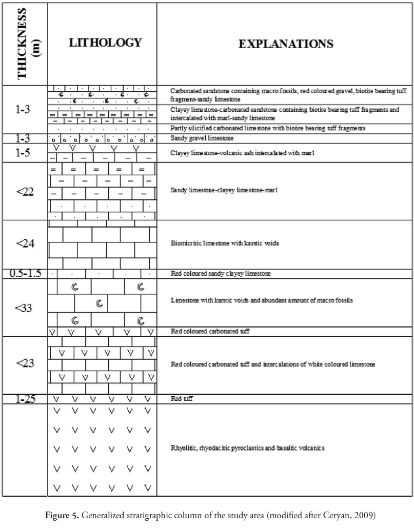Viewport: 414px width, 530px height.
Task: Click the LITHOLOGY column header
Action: pos(105,43)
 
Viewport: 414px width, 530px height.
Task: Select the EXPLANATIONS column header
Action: pos(286,44)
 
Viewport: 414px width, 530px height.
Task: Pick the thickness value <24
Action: pos(25,243)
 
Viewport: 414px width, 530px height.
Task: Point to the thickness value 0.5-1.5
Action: pos(25,273)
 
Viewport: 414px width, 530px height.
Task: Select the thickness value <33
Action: pos(25,308)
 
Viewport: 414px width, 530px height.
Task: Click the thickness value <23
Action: pos(25,363)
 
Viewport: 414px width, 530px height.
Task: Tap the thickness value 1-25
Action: pos(25,399)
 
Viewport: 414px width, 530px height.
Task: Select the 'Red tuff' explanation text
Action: pos(182,399)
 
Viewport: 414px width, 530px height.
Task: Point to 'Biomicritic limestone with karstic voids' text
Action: pos(225,243)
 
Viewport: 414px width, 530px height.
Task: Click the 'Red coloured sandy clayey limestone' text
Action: pos(221,274)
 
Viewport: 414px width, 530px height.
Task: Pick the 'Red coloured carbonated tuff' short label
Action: pos(210,332)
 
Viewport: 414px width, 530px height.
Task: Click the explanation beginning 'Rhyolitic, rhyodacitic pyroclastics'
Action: pos(247,448)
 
